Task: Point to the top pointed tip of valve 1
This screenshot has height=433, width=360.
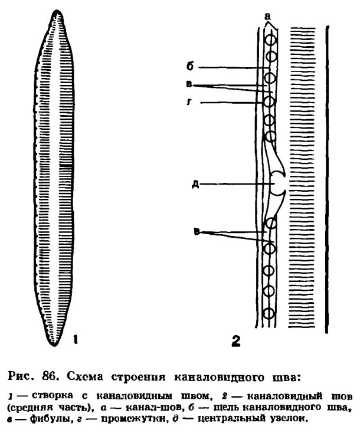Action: [57, 11]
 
